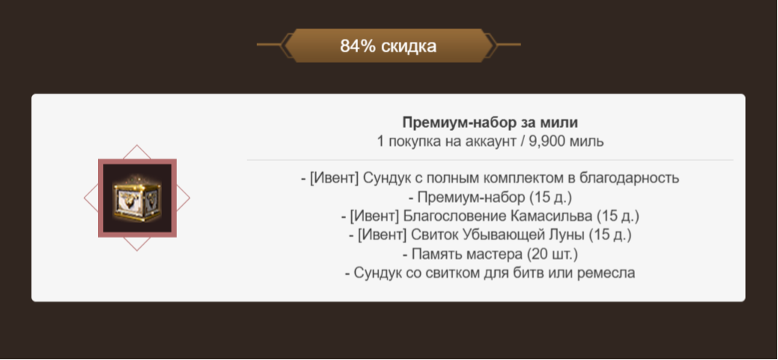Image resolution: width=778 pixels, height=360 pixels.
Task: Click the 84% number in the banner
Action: (x=357, y=46)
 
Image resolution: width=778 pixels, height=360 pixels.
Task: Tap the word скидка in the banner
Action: (x=408, y=46)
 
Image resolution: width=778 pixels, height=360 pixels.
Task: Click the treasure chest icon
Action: (x=136, y=198)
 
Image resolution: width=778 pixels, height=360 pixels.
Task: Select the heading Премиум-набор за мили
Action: (x=490, y=122)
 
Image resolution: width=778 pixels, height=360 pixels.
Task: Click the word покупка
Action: (x=413, y=141)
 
